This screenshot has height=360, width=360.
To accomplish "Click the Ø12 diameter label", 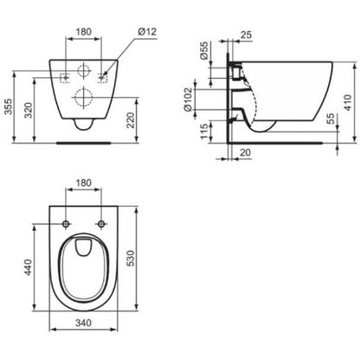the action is pyautogui.click(x=147, y=31).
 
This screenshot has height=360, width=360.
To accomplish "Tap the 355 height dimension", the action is pyautogui.click(x=9, y=106).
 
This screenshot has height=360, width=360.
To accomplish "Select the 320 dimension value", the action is pyautogui.click(x=29, y=110).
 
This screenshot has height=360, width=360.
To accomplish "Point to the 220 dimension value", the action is pyautogui.click(x=131, y=120).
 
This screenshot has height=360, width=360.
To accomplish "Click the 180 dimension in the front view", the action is pyautogui.click(x=84, y=31).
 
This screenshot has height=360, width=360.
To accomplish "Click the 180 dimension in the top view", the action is pyautogui.click(x=84, y=183).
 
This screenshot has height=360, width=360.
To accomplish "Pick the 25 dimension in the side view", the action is pyautogui.click(x=246, y=35).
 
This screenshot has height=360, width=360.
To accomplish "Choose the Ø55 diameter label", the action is pyautogui.click(x=204, y=50).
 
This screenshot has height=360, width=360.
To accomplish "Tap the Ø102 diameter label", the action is pyautogui.click(x=188, y=100).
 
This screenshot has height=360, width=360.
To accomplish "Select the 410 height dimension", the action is pyautogui.click(x=348, y=102).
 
